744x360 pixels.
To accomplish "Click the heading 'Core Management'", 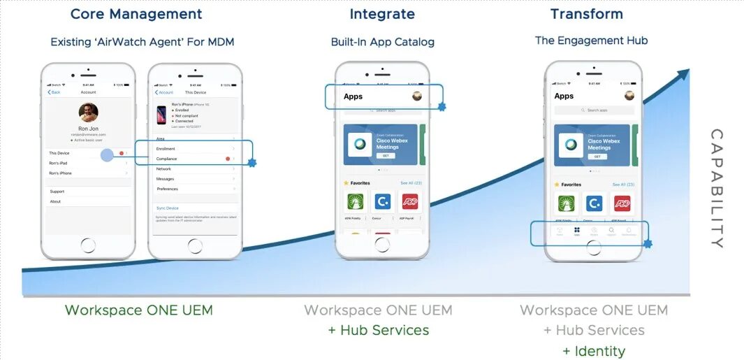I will pyautogui.click(x=136, y=14).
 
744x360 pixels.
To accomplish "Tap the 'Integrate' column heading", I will pyautogui.click(x=382, y=14).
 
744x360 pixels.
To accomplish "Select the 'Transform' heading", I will pyautogui.click(x=586, y=14).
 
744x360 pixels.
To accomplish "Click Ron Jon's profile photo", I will pyautogui.click(x=88, y=112).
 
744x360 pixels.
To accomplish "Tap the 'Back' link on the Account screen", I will pyautogui.click(x=54, y=92).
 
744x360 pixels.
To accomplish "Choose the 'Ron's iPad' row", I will pyautogui.click(x=58, y=163).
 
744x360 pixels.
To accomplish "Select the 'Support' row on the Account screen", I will pyautogui.click(x=57, y=192).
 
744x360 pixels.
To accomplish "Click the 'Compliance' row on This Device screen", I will pyautogui.click(x=167, y=159).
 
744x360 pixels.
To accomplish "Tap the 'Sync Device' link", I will pyautogui.click(x=168, y=208).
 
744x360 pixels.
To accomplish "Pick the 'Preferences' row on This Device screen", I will pyautogui.click(x=168, y=189).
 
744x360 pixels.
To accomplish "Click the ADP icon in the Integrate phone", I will pyautogui.click(x=410, y=202).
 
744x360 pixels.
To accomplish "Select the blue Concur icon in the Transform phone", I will pyautogui.click(x=595, y=203).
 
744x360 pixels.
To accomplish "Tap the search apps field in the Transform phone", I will pyautogui.click(x=594, y=110).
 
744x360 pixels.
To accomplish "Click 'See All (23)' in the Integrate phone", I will pyautogui.click(x=411, y=183).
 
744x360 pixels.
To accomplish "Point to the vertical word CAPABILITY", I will pyautogui.click(x=716, y=189).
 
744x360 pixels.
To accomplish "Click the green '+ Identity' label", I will pyautogui.click(x=594, y=351).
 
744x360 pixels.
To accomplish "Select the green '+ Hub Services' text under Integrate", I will pyautogui.click(x=379, y=330).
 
